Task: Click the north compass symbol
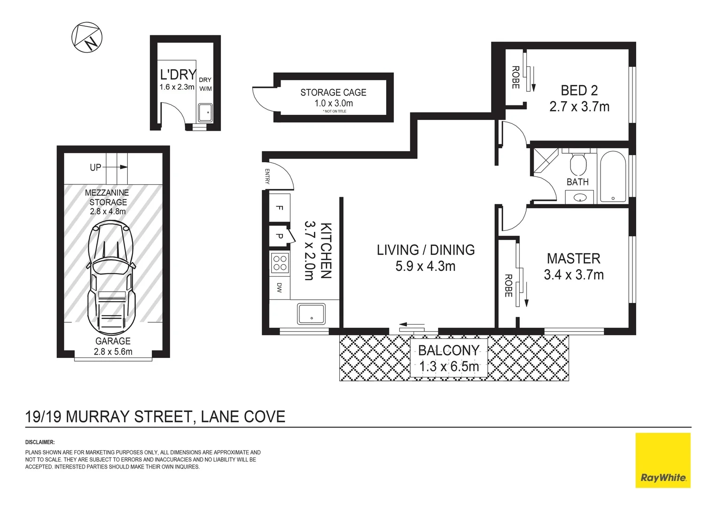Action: [x=87, y=37]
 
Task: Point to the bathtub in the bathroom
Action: [x=613, y=176]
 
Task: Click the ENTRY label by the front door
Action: [x=267, y=176]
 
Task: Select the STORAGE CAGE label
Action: [x=333, y=93]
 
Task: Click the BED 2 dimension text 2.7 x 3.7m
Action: [x=579, y=107]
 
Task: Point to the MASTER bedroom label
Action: [x=573, y=258]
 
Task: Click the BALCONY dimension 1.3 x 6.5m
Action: [x=449, y=366]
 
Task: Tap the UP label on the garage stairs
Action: [x=95, y=167]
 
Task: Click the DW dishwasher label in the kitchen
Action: [x=279, y=288]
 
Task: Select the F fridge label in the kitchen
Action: [x=279, y=208]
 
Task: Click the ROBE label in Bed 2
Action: [x=515, y=77]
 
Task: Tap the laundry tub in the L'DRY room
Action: [x=205, y=112]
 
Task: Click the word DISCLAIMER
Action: [x=40, y=442]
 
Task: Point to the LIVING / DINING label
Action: [x=425, y=250]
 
